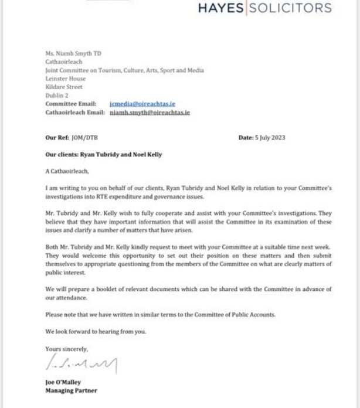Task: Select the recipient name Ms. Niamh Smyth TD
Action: [73, 53]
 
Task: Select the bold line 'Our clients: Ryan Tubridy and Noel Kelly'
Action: [96, 155]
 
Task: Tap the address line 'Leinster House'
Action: [65, 79]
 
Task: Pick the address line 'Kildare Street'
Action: [64, 87]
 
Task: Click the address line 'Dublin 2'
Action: [57, 95]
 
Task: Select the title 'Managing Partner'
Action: [71, 390]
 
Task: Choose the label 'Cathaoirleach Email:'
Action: [75, 112]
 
